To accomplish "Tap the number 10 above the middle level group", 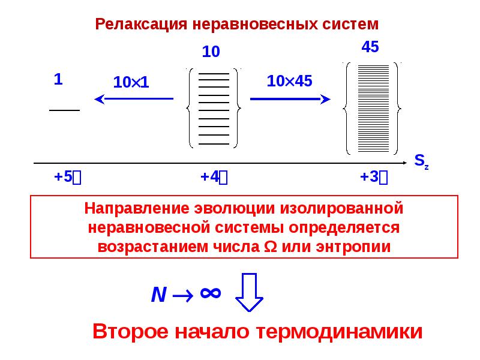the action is tap(211, 52).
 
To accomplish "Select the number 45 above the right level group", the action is tap(370, 47).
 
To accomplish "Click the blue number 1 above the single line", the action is tap(58, 79).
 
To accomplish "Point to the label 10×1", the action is tap(131, 82).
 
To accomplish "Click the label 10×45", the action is tap(289, 81).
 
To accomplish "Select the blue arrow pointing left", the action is tap(134, 99).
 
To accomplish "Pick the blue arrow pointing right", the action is tap(290, 99).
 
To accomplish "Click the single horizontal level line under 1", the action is tap(65, 110).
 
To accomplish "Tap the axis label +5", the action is tap(67, 177).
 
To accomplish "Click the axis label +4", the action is tap(214, 177).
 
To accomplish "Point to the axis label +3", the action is tap(374, 177).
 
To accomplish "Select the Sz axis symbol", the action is tap(422, 161).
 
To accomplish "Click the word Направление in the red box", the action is tap(137, 209).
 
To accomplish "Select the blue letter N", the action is tap(158, 295).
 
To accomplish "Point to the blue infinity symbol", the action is tap(211, 293).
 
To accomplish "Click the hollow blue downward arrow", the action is tap(249, 292).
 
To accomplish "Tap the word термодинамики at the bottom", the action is tap(339, 332).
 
